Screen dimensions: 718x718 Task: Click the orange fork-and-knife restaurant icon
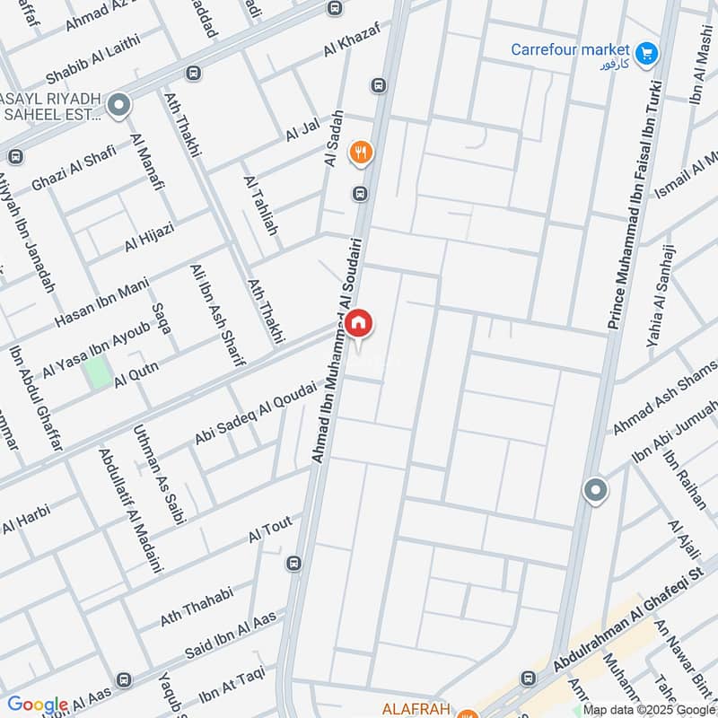361,153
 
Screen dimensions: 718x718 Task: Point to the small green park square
98,372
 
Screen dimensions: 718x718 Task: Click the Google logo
38,705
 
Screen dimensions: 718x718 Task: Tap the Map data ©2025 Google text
647,709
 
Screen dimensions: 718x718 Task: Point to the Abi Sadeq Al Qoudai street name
256,413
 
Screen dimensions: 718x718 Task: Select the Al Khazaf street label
352,39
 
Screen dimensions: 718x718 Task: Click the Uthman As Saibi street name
153,477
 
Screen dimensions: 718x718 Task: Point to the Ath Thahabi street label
197,607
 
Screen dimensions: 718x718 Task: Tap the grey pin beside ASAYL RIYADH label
118,107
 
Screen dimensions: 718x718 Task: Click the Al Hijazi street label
149,239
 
